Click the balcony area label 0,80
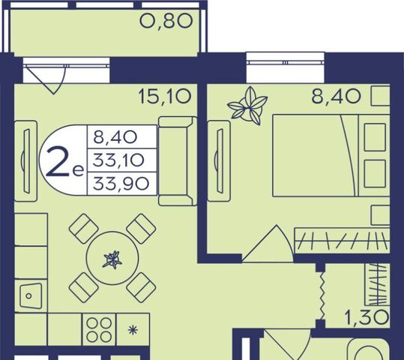tap(166, 21)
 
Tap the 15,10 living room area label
tap(165, 97)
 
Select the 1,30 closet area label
tap(367, 317)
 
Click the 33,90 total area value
tap(121, 184)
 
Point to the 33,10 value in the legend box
tap(118, 160)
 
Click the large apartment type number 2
tap(57, 161)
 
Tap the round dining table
tap(112, 259)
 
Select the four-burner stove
tap(99, 329)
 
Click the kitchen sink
tap(31, 295)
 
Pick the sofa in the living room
tap(177, 161)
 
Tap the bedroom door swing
tap(268, 244)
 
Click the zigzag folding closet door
tap(321, 295)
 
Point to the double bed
tap(331, 156)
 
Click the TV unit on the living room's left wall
tap(25, 161)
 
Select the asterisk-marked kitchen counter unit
tap(133, 329)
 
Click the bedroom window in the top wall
tap(286, 62)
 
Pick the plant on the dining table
tap(112, 260)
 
